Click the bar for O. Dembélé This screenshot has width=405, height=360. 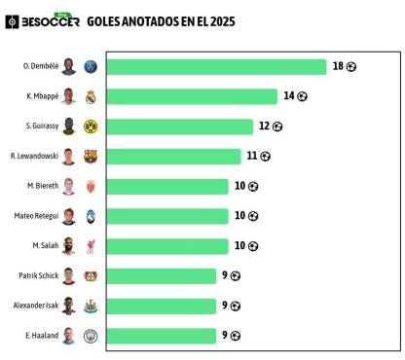coord(216,66)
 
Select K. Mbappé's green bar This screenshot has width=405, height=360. coord(192,96)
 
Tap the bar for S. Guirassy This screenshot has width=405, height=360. coord(179,126)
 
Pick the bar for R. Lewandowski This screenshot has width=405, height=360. coord(173,157)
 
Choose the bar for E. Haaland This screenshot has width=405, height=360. coord(161,336)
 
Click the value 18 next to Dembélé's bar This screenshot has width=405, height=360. coord(338,66)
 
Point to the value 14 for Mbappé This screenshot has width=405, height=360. coord(288,96)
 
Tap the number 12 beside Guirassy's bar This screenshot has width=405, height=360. coord(264,126)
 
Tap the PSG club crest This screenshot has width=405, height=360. coord(91,67)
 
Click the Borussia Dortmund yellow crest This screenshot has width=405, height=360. coord(91,126)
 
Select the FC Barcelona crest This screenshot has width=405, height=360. coord(91,157)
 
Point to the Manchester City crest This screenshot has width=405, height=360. coord(91,336)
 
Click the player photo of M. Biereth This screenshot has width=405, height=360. coord(69,186)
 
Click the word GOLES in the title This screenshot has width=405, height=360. coord(105,20)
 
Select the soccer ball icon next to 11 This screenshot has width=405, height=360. coord(265,157)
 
